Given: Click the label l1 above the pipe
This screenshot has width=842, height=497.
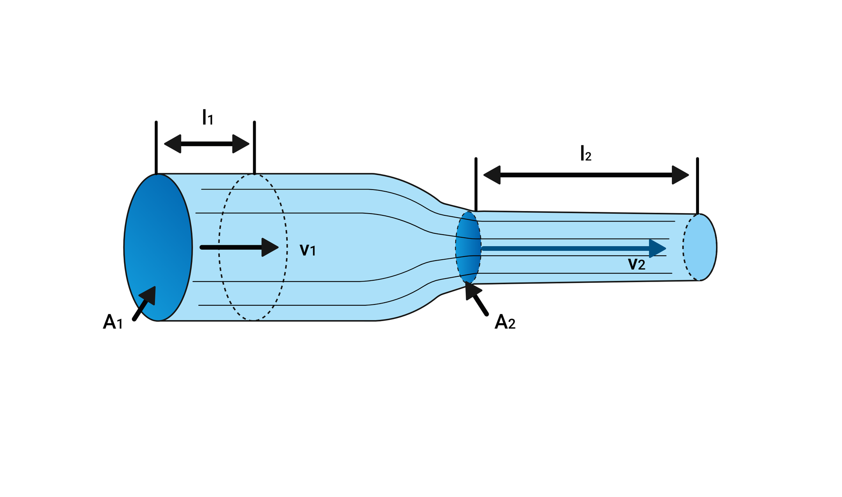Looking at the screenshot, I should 207,118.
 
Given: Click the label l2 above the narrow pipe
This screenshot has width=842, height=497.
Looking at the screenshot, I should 585,154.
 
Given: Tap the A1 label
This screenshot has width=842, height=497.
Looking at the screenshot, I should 113,322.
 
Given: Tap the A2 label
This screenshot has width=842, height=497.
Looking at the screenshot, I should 505,322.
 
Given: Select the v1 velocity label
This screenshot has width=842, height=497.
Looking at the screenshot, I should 307,250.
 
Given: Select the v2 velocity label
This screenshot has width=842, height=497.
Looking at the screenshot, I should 636,264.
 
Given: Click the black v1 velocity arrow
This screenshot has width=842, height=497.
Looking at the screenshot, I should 239,247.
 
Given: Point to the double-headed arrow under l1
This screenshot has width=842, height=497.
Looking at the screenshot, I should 207,144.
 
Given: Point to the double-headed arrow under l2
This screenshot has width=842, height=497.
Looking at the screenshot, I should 586,175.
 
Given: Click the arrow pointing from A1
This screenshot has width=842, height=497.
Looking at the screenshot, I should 144,303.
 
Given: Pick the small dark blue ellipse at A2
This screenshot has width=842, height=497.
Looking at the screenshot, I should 468,247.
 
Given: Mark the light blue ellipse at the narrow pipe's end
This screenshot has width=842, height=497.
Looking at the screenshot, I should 700,247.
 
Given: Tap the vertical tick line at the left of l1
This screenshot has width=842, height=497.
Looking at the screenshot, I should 156,147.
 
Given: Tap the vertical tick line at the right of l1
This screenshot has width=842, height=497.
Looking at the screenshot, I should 254,147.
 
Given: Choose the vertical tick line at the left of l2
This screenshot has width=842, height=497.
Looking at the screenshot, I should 476,184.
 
